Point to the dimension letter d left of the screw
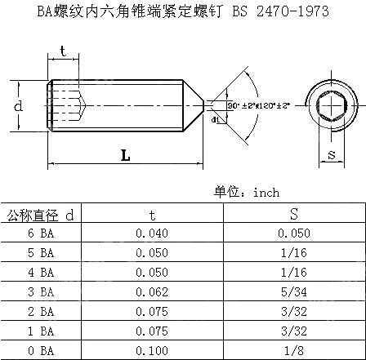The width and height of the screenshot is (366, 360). tap(17, 107)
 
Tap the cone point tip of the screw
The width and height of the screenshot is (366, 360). tap(202, 104)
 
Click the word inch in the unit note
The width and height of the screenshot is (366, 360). tap(266, 193)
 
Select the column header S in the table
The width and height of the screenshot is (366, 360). tap(292, 215)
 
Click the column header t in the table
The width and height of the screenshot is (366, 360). tap(151, 215)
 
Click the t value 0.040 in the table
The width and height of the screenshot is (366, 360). tap(151, 232)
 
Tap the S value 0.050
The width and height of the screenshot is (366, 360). tap(292, 232)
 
